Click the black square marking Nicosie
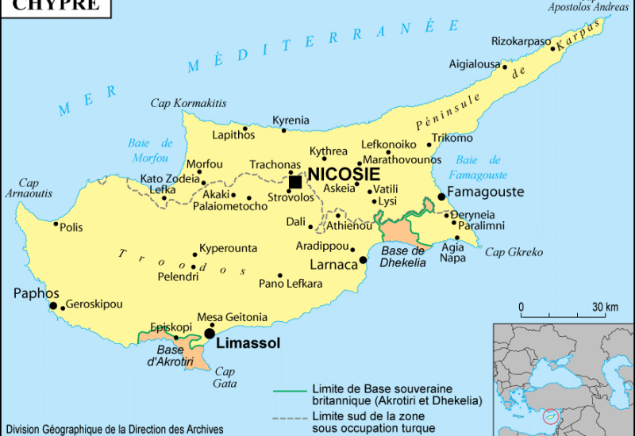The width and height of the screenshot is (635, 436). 295,182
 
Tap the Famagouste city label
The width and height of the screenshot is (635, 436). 486,192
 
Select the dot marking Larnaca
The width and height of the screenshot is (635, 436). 363,259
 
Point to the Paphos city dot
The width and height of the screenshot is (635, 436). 53,305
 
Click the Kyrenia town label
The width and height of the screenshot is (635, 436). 291,120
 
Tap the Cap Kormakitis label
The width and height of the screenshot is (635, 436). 189,104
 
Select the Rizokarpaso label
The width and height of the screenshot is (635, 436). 521,41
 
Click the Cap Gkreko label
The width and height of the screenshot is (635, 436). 514,253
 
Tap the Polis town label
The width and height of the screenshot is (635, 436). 71,228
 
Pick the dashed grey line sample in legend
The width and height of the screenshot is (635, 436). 290,418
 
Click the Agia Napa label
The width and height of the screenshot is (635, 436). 452,253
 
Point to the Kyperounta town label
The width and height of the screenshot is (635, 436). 228,248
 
